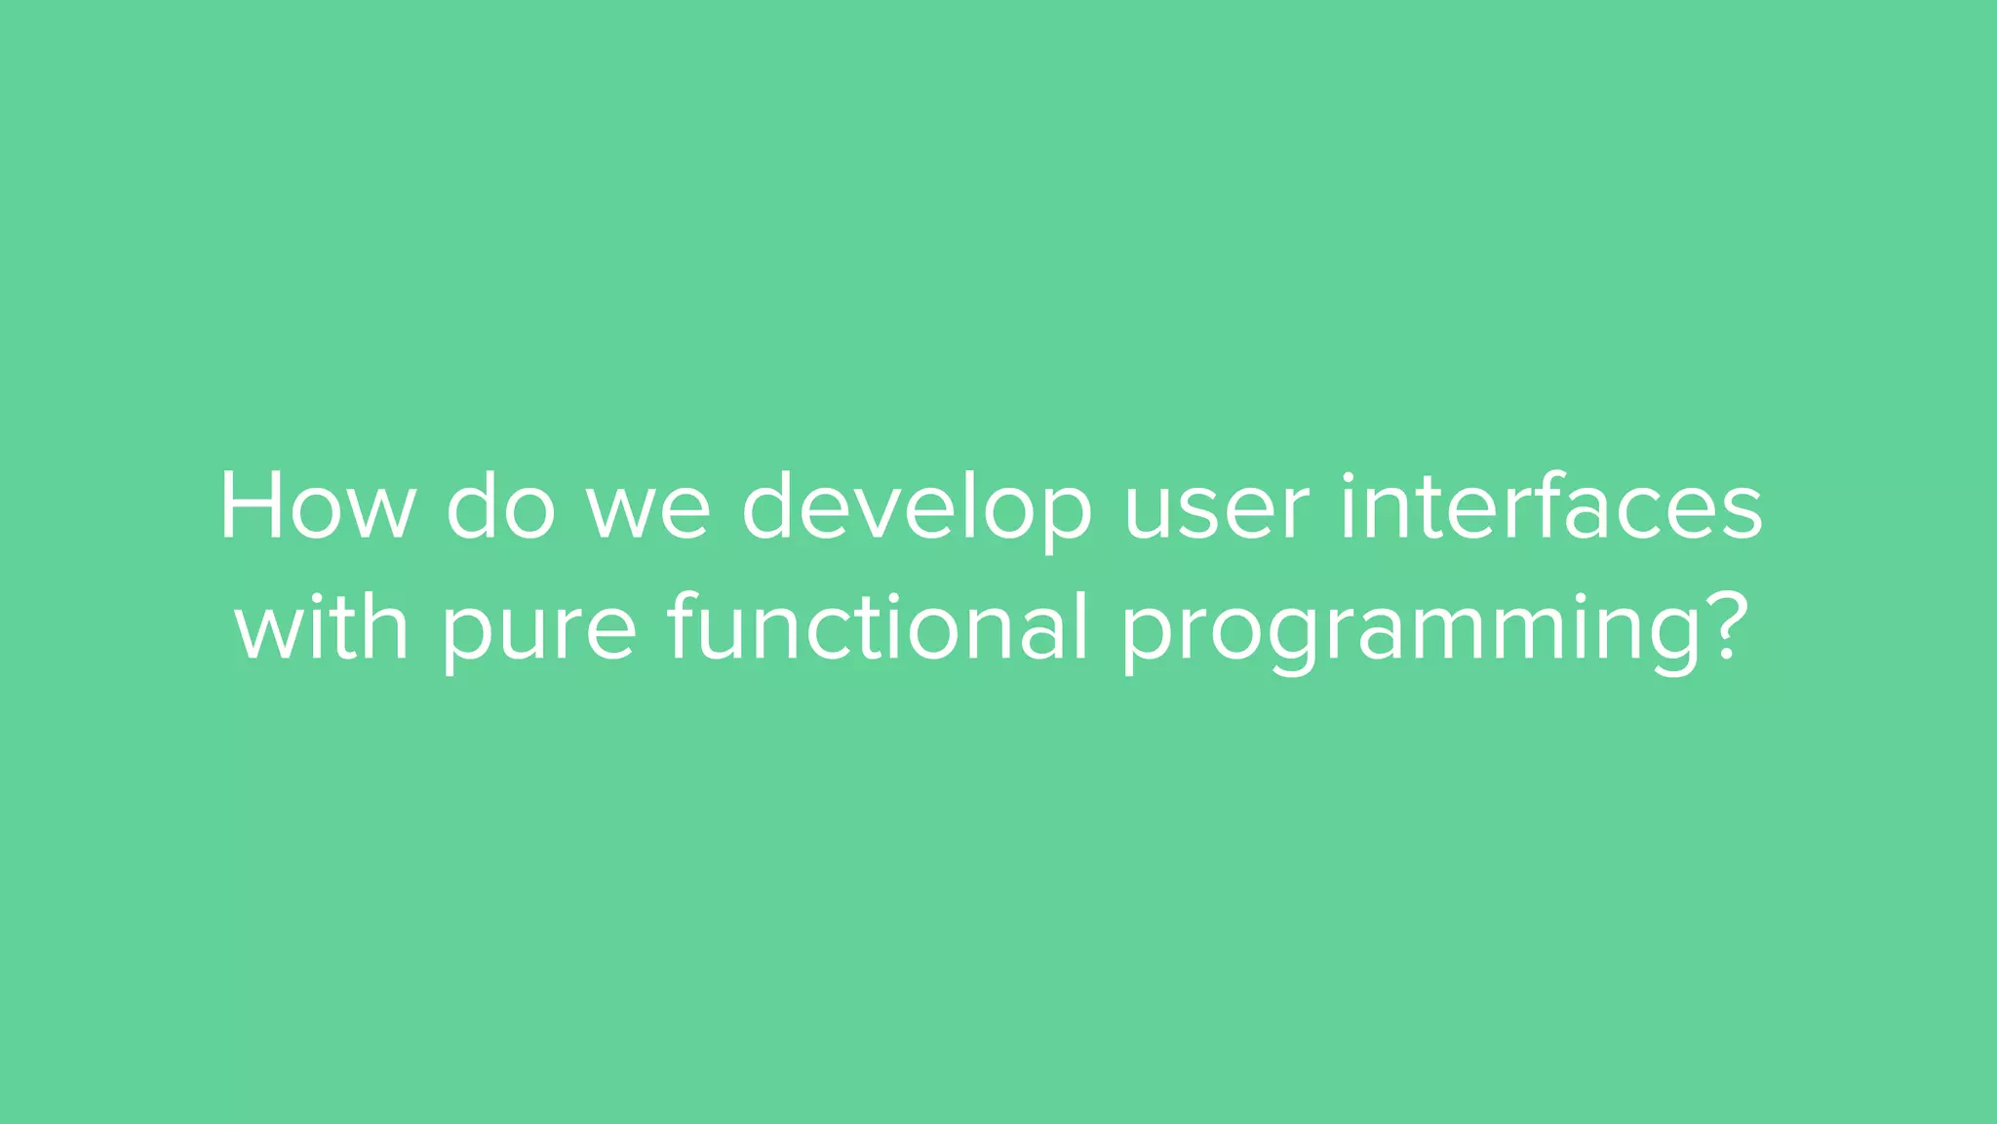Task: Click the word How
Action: pos(317,507)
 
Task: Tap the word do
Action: pos(500,507)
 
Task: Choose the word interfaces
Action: pos(1550,507)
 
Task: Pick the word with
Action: pos(322,626)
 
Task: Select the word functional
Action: pos(877,626)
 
